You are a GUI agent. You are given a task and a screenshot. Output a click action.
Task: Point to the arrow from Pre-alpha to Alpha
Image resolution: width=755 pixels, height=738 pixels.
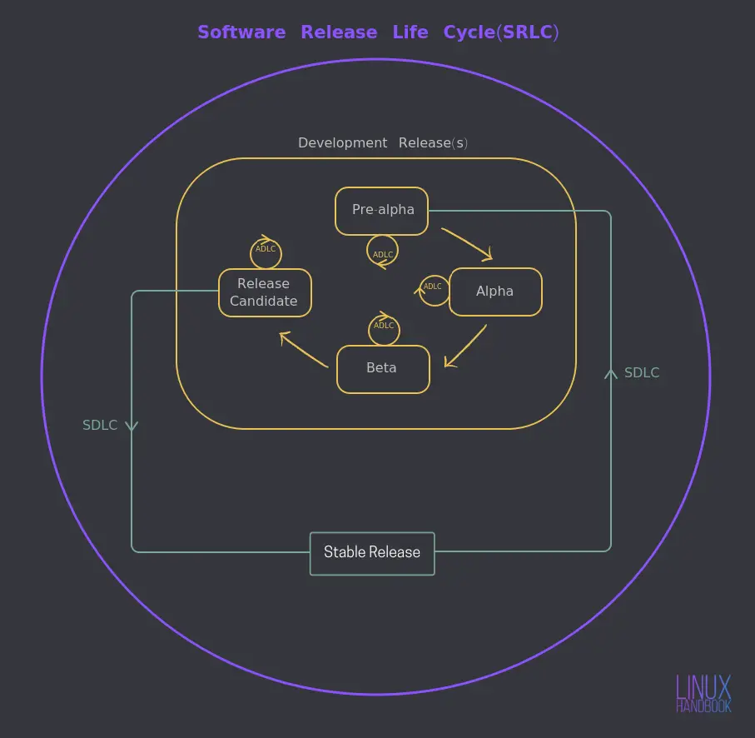point(467,244)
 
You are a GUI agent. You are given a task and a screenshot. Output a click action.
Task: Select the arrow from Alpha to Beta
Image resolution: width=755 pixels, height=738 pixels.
point(465,346)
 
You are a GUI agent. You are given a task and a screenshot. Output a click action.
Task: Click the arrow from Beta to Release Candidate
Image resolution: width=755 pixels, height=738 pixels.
point(304,349)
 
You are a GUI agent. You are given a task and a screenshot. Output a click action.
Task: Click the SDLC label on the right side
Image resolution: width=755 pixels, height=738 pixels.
point(642,372)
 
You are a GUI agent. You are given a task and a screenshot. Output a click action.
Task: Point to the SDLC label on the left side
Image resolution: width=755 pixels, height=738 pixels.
point(100,425)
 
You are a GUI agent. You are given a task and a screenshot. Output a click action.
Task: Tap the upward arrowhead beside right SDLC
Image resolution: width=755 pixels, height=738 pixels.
point(611,374)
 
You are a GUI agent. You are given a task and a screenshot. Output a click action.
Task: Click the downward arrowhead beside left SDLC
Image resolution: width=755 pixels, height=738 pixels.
point(132,426)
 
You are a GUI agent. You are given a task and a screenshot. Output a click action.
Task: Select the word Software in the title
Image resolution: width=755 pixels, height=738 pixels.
point(241,32)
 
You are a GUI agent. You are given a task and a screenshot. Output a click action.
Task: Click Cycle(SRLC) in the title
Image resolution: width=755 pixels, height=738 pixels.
point(501,32)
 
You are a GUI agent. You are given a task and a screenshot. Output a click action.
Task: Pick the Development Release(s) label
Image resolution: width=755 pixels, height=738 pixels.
point(383,142)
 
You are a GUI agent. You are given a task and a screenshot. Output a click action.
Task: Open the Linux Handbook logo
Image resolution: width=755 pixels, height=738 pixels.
point(703,693)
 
